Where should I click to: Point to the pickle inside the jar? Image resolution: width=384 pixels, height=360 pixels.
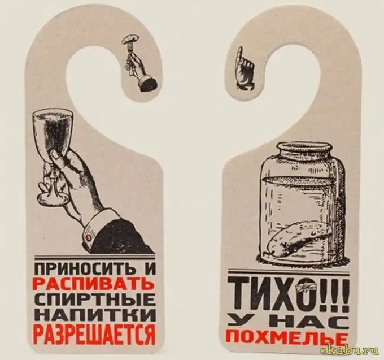click(297, 237)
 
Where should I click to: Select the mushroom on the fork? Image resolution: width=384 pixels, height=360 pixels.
click(131, 38)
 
